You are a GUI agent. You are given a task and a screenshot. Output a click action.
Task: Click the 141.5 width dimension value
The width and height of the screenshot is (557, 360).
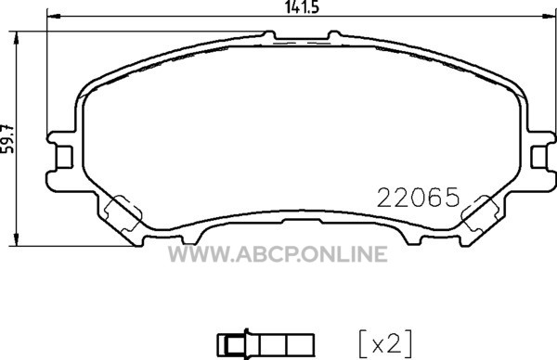(x=302, y=6)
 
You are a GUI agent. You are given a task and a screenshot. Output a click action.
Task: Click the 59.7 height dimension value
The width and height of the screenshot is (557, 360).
(x=7, y=139)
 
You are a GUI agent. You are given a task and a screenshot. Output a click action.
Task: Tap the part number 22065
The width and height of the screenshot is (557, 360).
(x=418, y=198)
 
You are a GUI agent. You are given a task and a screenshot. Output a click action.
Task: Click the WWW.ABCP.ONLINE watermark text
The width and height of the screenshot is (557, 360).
(x=278, y=254)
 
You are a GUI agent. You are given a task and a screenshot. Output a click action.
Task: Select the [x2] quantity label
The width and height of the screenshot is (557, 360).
(x=385, y=343)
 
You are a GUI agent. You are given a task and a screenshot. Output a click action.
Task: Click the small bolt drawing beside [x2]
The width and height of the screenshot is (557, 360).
(x=266, y=343)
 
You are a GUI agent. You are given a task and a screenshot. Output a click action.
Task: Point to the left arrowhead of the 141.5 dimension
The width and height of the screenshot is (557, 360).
(x=53, y=17)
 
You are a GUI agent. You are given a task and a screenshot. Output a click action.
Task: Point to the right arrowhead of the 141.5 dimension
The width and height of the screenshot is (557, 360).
(x=549, y=17)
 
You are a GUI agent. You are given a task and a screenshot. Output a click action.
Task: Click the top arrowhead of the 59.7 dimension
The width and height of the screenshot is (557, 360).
(x=15, y=38)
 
